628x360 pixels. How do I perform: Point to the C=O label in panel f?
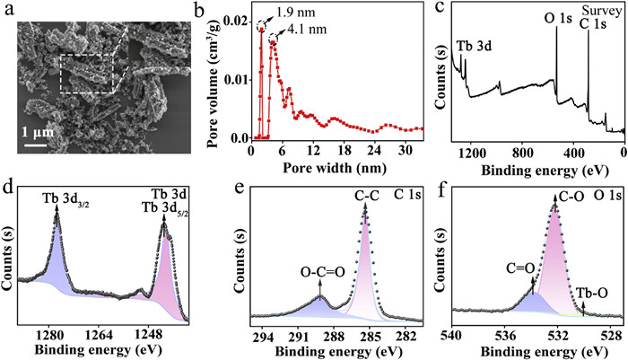point(523,266)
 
